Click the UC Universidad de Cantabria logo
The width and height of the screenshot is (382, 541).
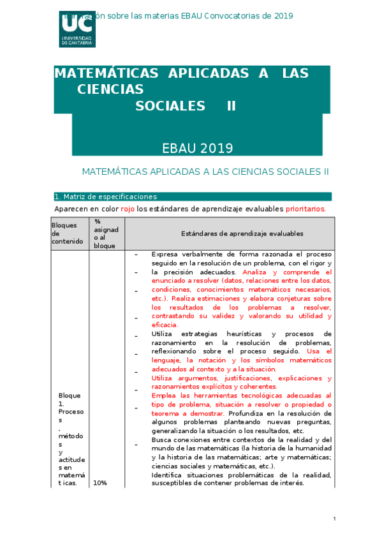pos(77,28)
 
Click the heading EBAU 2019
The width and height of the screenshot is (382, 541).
pos(197,149)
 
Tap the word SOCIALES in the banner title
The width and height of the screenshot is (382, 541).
pos(170,106)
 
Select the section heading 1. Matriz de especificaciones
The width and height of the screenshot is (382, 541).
pos(106,196)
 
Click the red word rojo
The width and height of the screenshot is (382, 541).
pos(128,209)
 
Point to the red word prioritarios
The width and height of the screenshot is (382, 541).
pos(305,209)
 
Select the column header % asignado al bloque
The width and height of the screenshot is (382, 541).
pos(106,233)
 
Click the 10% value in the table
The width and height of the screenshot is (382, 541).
pos(100,483)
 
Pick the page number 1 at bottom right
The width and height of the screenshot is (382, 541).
pos(334,519)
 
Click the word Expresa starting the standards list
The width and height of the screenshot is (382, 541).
pos(166,254)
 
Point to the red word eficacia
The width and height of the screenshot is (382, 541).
pos(165,325)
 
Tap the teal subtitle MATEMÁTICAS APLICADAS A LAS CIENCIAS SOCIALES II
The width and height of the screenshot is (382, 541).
pos(205,172)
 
